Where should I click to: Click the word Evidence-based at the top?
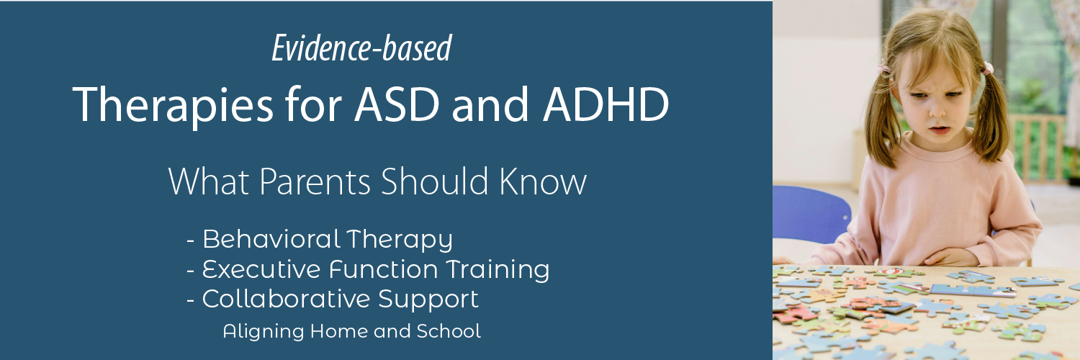[x=361, y=49]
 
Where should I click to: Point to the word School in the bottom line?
[x=454, y=331]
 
